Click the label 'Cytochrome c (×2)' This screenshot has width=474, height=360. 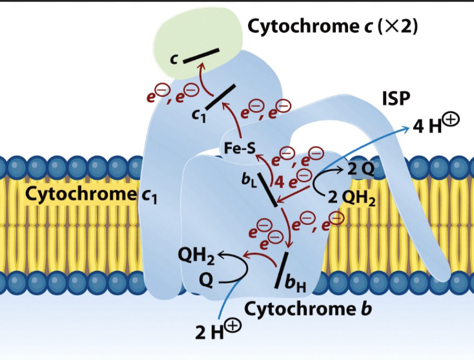tap(333, 27)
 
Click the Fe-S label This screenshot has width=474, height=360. tap(239, 149)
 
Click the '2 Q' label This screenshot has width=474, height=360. tap(359, 169)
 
